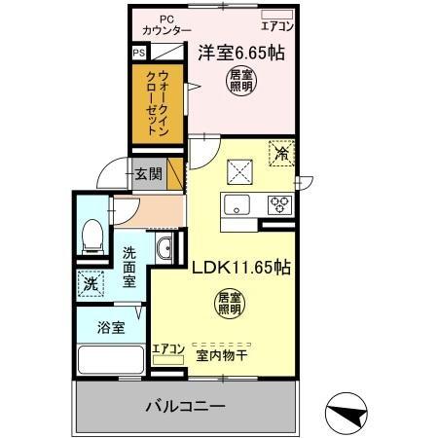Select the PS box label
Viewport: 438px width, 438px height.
pyautogui.click(x=138, y=55)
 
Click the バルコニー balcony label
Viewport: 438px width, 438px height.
pyautogui.click(x=186, y=404)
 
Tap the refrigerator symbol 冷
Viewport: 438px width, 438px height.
pyautogui.click(x=281, y=153)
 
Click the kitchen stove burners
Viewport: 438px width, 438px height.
pyautogui.click(x=280, y=204)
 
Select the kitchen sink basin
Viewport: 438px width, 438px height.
pyautogui.click(x=237, y=204)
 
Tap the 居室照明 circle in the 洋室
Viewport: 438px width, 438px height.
pyautogui.click(x=237, y=81)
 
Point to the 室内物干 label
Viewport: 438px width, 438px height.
pyautogui.click(x=223, y=355)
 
